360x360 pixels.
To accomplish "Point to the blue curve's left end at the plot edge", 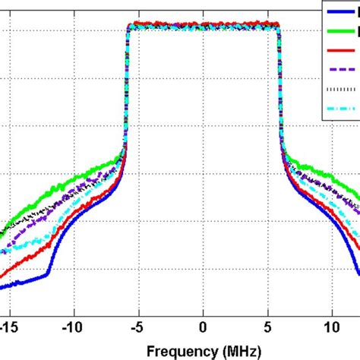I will (2, 286).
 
